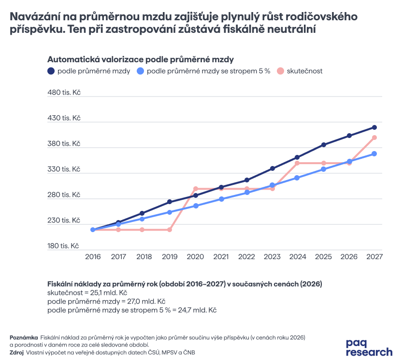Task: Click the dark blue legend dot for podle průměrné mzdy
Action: pos(51,71)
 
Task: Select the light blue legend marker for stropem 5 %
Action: pos(140,71)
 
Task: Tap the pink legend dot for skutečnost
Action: pos(280,71)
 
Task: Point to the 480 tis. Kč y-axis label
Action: pos(64,92)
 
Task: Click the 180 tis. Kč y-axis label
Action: pos(63,246)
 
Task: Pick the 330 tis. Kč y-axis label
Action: pos(64,169)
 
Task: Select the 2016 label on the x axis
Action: pos(93,257)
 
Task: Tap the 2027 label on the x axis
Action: pos(374,257)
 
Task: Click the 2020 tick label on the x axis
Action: pos(195,257)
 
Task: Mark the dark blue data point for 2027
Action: pos(374,127)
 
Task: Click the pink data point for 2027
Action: pos(374,138)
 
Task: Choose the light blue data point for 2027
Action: pos(374,153)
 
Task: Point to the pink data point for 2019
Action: pos(170,230)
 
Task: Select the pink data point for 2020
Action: pos(196,189)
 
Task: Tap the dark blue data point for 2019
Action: pos(170,202)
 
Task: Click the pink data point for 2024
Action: pos(298,163)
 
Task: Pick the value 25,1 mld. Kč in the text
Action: pos(108,292)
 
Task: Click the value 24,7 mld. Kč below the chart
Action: pos(198,310)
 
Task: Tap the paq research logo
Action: pos(369,347)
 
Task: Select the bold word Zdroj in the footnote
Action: pos(16,353)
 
